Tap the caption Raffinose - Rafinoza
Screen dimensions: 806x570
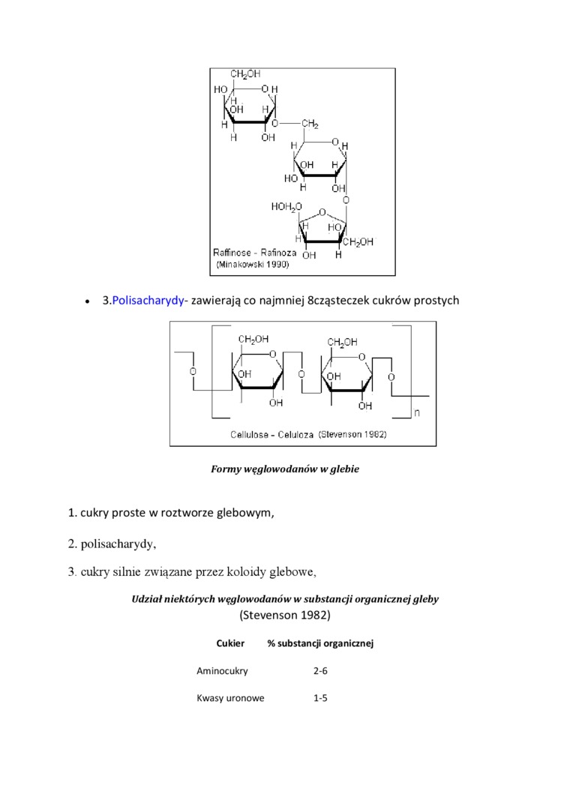(255, 253)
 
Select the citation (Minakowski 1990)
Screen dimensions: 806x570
(253, 265)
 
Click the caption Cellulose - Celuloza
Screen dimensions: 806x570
(271, 434)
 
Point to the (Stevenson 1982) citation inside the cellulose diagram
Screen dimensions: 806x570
(352, 434)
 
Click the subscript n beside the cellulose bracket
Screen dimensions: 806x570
(418, 412)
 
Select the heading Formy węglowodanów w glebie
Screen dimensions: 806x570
(285, 469)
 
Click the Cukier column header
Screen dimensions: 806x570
(230, 643)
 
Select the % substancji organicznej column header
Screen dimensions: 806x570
(320, 643)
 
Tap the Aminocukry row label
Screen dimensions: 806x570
(222, 671)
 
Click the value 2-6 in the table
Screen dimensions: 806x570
(320, 671)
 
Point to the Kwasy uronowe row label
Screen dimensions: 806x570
(230, 698)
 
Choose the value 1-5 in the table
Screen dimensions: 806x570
(320, 698)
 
